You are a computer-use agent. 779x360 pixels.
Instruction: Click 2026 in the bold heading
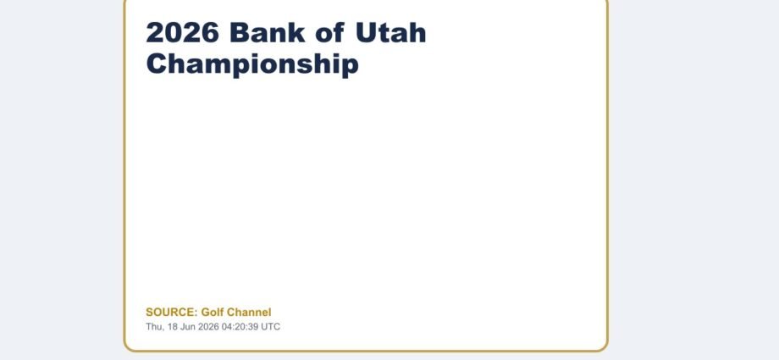coord(182,33)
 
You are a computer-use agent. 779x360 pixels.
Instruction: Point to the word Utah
coord(391,33)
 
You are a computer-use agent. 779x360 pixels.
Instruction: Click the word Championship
coord(252,64)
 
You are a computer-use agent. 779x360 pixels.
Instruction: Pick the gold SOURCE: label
coord(171,313)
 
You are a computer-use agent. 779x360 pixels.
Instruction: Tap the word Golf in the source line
coord(213,313)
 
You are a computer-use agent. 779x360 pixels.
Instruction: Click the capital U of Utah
coord(365,33)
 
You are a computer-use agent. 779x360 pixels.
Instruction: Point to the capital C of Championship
coord(156,64)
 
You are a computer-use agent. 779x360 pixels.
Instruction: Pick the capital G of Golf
coord(205,313)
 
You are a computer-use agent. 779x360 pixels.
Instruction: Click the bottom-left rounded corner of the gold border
coord(128,347)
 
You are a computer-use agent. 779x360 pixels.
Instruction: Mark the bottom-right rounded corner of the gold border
coord(604,347)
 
